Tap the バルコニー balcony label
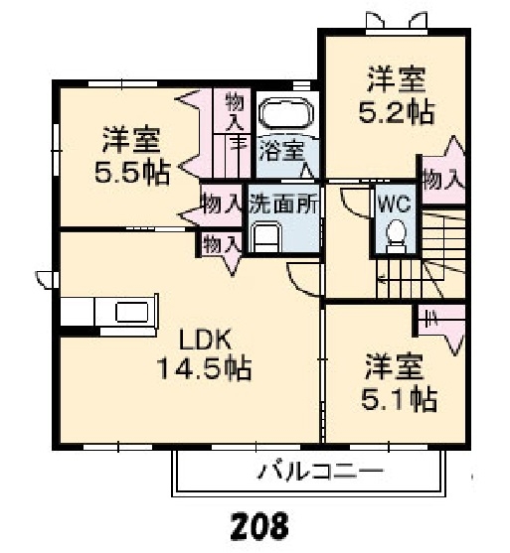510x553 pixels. coord(309,470)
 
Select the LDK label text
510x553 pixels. coord(207,339)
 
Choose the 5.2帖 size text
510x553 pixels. coord(395,111)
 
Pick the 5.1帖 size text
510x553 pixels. coord(399,399)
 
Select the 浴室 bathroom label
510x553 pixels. coord(282,151)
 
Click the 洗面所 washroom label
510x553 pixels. coord(283,205)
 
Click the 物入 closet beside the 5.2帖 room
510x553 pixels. coord(442,180)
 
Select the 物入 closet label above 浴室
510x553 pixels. coord(236,111)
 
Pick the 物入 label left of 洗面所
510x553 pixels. coord(222,206)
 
